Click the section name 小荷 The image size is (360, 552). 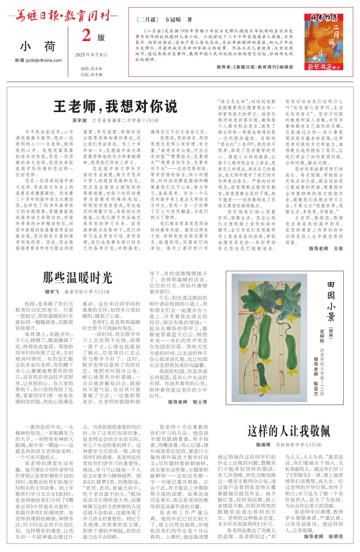[38, 46]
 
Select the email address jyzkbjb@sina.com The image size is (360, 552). [38, 60]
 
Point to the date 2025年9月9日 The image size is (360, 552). [91, 55]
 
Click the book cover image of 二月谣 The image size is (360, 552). [321, 42]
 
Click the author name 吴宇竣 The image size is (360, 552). [80, 121]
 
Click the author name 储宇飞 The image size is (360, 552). [51, 292]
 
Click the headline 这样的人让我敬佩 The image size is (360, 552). [289, 431]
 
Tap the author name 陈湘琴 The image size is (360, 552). [263, 445]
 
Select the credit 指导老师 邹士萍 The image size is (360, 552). [187, 402]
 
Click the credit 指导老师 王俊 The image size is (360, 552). [325, 248]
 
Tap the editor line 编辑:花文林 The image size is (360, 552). [91, 68]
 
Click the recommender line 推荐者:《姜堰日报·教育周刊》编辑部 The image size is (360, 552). [255, 67]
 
